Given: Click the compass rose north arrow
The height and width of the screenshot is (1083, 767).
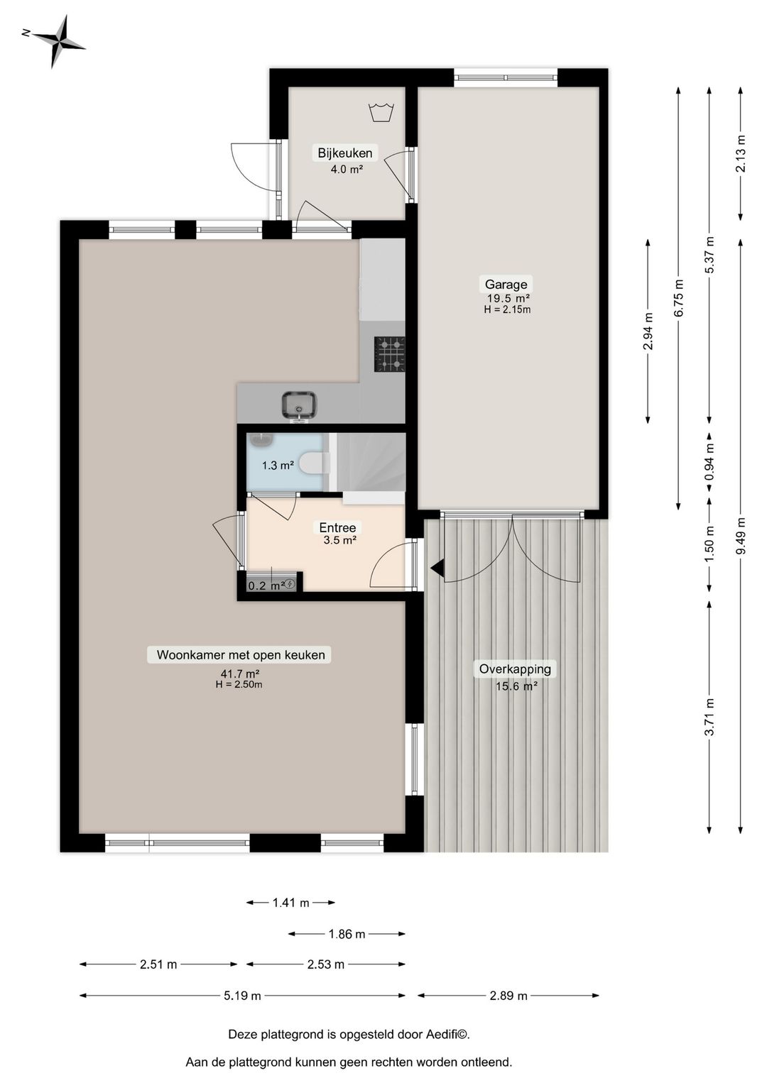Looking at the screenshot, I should pos(57,40).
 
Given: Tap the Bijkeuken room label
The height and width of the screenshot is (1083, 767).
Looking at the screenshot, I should pos(344,153).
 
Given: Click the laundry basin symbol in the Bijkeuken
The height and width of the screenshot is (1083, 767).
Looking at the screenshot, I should pos(381,112).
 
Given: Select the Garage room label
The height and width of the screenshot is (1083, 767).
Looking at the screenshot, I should pos(506,285).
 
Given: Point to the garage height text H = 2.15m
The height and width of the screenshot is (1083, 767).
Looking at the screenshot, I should pos(507,309).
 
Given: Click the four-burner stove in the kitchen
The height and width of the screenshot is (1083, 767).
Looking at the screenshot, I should pos(389,353).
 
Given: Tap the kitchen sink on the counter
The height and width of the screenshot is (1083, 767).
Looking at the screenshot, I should pos(299,405).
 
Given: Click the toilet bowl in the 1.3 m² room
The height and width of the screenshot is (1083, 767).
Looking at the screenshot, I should pos(314,463).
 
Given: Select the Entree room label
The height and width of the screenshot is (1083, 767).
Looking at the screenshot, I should pos(337,527).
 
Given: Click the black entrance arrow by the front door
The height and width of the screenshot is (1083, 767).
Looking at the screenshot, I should pos(437,568).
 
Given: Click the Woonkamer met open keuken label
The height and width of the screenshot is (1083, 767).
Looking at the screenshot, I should pos(240,655).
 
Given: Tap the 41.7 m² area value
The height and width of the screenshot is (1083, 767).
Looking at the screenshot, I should pos(239,674).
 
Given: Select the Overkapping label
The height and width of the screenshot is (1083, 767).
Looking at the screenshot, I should pos(515,669).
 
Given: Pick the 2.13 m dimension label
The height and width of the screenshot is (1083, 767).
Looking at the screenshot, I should pos(741,153).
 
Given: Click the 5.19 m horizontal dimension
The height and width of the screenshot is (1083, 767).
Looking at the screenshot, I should pos(242,996).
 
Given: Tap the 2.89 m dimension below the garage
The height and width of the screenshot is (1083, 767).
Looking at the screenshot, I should pos(508,996).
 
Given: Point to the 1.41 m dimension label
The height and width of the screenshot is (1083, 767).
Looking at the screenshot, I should pos(290,903).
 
